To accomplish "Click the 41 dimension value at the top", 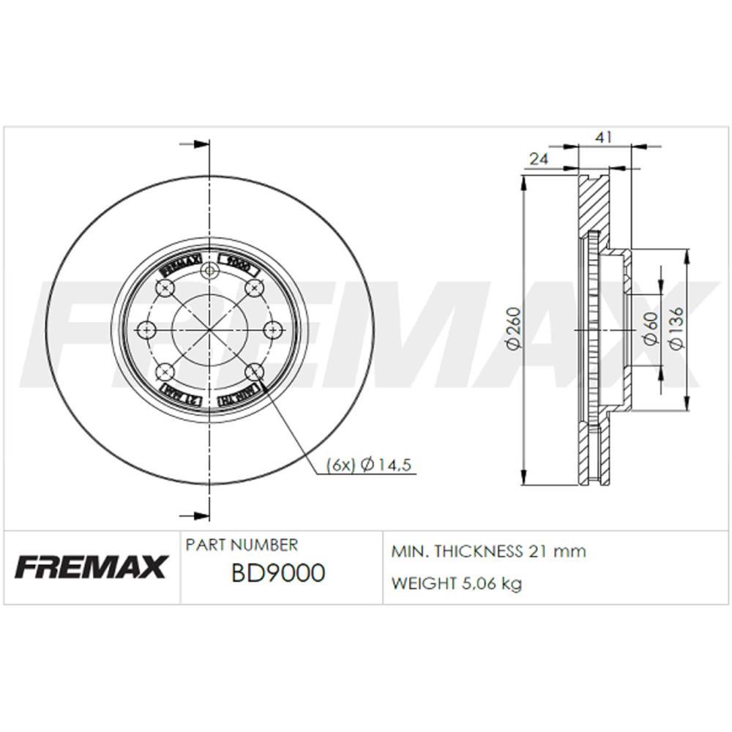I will [604, 137].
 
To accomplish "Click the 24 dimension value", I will [539, 158].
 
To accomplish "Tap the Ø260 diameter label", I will [514, 330].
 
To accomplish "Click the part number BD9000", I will [277, 573].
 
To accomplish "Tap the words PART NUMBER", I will [242, 545].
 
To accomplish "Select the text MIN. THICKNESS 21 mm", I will [489, 551].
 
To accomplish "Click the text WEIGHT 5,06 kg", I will [457, 583].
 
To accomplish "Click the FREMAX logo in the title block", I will [91, 566].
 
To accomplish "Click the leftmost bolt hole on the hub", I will [146, 329].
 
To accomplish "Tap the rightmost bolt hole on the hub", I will [272, 329].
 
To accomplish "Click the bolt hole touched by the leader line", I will [254, 370].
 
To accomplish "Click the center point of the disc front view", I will [210, 329].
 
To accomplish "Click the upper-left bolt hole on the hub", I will [165, 288].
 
